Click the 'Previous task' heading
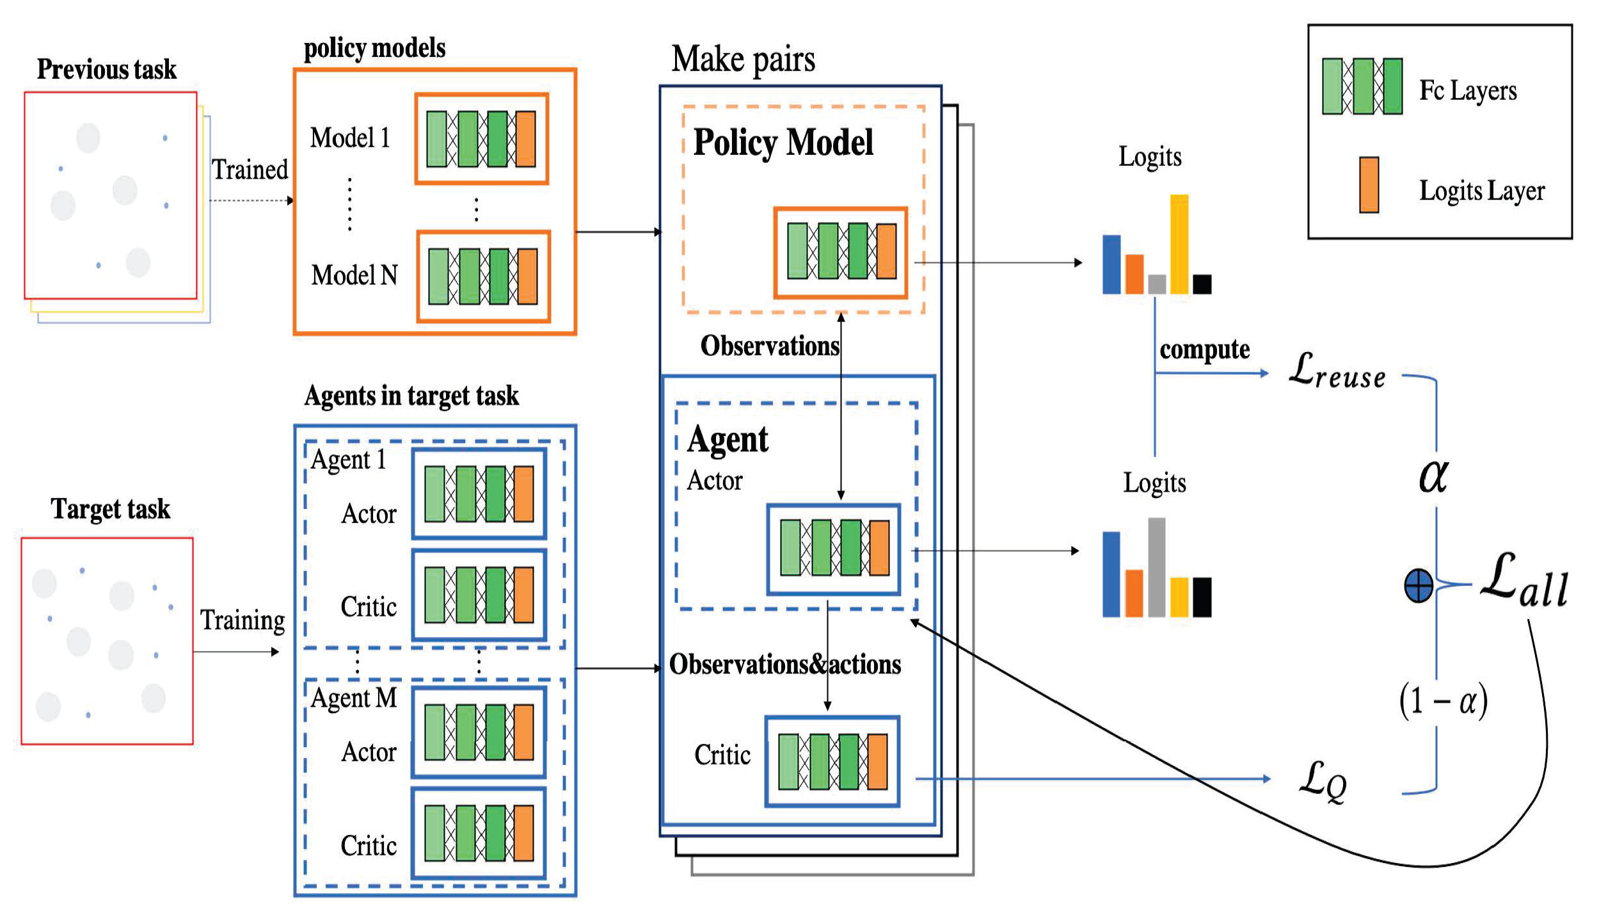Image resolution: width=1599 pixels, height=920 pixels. pyautogui.click(x=107, y=69)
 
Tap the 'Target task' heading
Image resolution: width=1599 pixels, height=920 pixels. pyautogui.click(x=111, y=509)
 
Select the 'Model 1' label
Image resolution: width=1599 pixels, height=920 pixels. pyautogui.click(x=350, y=138)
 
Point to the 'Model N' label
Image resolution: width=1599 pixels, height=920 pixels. pyautogui.click(x=354, y=275)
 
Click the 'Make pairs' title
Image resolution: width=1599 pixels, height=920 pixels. pyautogui.click(x=744, y=60)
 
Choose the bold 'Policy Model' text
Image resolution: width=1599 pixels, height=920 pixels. pyautogui.click(x=783, y=142)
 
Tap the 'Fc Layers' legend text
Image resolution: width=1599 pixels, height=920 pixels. pyautogui.click(x=1468, y=90)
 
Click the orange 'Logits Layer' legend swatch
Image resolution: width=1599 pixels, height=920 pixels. pyautogui.click(x=1369, y=184)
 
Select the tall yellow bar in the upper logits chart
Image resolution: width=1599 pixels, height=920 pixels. pyautogui.click(x=1179, y=245)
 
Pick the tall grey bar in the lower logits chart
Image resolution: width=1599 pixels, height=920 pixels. pyautogui.click(x=1156, y=567)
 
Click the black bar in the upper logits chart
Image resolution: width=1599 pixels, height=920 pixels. pyautogui.click(x=1202, y=284)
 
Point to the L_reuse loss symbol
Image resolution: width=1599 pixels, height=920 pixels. pyautogui.click(x=1337, y=371)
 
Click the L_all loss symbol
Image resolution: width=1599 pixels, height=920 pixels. pyautogui.click(x=1524, y=580)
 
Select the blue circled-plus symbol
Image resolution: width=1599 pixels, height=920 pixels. pyautogui.click(x=1419, y=586)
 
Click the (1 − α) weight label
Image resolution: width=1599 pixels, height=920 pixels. pyautogui.click(x=1444, y=702)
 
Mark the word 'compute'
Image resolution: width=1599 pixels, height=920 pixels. pyautogui.click(x=1205, y=350)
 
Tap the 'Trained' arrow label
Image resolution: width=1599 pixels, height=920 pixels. pyautogui.click(x=250, y=170)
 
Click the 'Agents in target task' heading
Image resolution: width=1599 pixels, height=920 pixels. pyautogui.click(x=411, y=396)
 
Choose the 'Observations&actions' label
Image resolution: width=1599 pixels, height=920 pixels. pyautogui.click(x=785, y=665)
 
